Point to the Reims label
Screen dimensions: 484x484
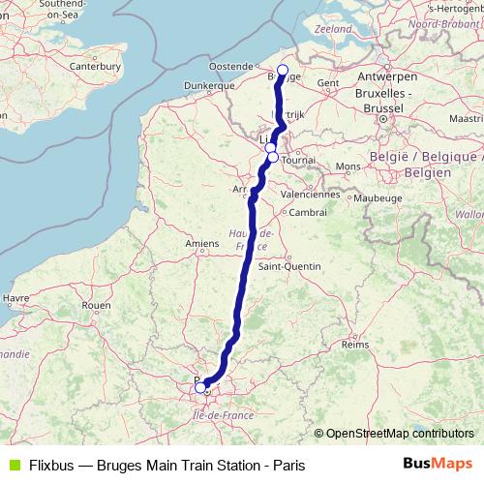[355, 344]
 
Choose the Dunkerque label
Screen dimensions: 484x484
[209, 85]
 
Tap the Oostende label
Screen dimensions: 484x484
[230, 66]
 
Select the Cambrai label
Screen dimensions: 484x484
[308, 212]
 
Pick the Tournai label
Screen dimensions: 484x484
[300, 161]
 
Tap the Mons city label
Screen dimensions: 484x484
[348, 166]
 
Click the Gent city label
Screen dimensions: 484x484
[328, 83]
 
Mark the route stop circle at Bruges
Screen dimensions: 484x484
[283, 70]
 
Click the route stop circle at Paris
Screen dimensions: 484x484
[200, 387]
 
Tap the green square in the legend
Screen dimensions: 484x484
[13, 466]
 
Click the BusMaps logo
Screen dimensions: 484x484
[437, 465]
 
